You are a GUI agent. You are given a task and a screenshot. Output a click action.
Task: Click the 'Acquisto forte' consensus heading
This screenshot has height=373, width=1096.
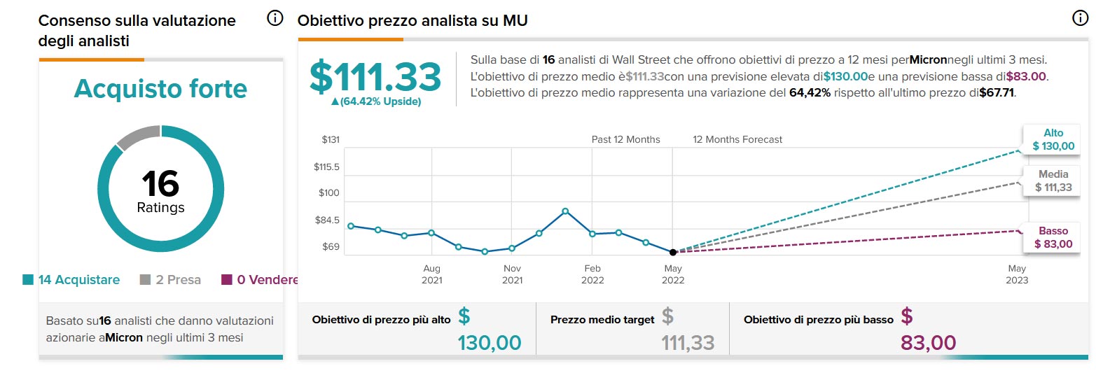pos(160,89)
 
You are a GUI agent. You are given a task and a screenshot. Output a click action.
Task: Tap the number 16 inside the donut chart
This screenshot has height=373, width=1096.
pos(160,183)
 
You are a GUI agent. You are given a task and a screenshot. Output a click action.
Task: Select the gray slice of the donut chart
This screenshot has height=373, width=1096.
pos(137,137)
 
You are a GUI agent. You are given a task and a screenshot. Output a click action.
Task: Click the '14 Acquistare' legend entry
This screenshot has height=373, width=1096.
pos(71,280)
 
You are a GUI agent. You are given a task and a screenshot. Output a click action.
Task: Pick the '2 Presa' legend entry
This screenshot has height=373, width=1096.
pos(171,280)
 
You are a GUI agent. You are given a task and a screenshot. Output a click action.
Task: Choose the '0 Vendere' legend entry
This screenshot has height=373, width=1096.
pos(261,280)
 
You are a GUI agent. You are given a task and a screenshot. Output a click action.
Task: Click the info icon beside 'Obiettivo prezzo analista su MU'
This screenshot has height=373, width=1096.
pos(1080,19)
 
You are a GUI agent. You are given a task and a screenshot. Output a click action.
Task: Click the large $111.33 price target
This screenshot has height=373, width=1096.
pos(375,76)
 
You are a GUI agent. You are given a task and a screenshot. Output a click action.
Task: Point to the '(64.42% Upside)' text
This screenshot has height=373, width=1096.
pos(376,101)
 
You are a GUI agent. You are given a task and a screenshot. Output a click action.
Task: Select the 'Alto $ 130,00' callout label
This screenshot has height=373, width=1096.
pos(1053,139)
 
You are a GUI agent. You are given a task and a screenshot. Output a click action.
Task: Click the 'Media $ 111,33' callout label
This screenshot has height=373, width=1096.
pos(1053,181)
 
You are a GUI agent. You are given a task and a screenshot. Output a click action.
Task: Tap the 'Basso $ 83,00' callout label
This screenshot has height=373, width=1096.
pos(1053,237)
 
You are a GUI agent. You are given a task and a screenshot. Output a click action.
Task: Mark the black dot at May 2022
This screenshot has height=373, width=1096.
pos(673,252)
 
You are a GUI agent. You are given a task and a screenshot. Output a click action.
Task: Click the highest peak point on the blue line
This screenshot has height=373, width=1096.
pos(565,211)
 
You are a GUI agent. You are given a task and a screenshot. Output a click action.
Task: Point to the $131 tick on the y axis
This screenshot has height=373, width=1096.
pos(331,140)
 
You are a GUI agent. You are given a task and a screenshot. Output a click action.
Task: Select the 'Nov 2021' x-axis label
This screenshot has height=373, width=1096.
pos(512,274)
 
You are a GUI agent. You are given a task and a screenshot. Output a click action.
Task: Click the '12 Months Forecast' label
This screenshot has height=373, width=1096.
pos(737,139)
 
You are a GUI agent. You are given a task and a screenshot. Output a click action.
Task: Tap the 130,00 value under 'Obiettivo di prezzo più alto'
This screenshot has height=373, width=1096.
pos(490,343)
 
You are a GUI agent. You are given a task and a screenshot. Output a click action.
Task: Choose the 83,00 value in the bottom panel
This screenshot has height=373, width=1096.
pos(928,343)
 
